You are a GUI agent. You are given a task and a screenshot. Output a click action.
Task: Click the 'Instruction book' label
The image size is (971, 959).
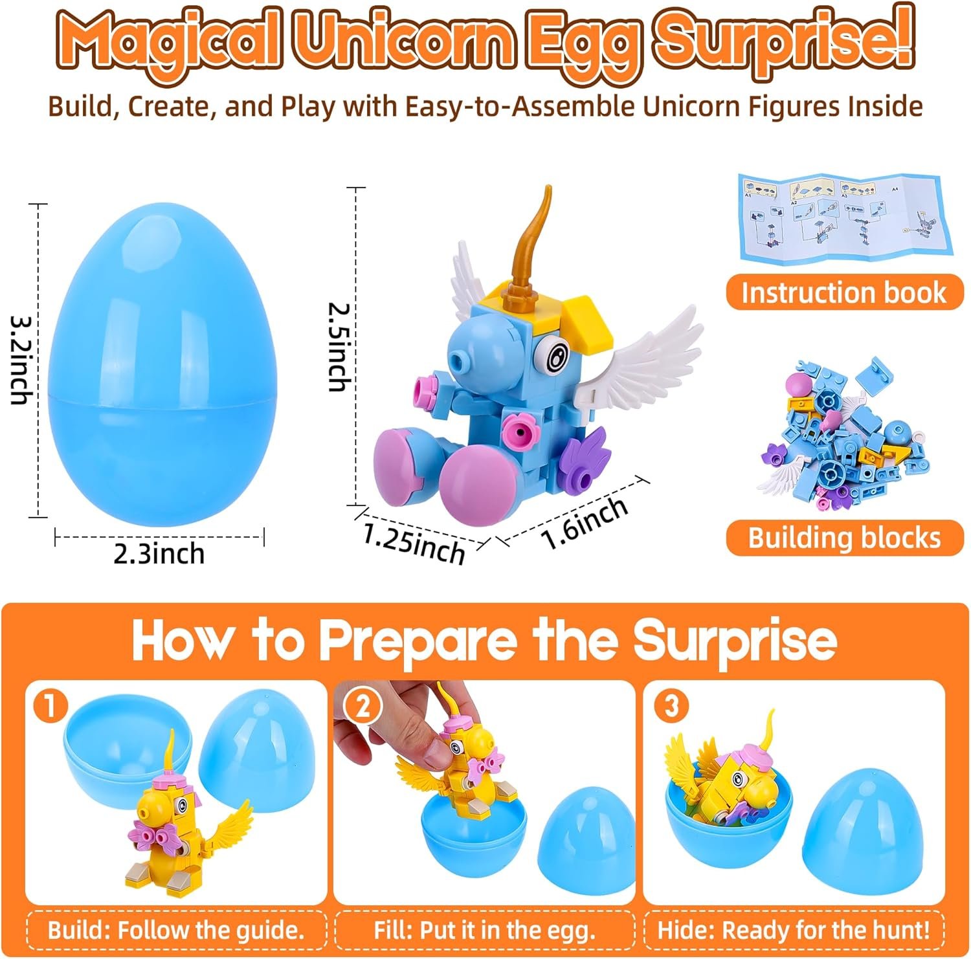(844, 292)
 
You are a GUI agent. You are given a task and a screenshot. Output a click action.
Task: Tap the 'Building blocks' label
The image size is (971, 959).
(844, 538)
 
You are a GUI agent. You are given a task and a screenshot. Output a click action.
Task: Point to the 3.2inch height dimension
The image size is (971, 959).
(21, 360)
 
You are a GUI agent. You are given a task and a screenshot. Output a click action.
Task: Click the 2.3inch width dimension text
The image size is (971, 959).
(159, 554)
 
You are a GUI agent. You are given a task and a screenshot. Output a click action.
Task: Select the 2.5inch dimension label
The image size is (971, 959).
(338, 347)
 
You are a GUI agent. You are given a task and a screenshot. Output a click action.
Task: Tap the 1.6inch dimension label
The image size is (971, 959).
(585, 522)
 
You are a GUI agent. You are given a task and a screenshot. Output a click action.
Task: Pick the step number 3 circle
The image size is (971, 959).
(671, 705)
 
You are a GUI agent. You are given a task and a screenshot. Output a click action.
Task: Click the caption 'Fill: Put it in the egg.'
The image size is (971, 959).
(484, 931)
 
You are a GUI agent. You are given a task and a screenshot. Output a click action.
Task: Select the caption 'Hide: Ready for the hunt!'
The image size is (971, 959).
(794, 931)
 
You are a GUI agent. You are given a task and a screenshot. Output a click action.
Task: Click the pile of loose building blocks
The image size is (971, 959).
(846, 437)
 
